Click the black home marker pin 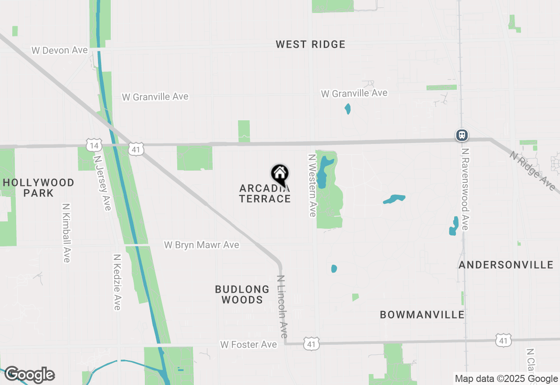point(280,174)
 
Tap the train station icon point(462,135)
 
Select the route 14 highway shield point(94,145)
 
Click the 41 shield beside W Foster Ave point(311,343)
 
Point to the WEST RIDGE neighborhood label point(311,44)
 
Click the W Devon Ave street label point(59,50)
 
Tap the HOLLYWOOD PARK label point(38,188)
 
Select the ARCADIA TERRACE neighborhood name point(265,194)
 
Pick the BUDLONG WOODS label point(242,294)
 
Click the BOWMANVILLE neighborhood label point(422,315)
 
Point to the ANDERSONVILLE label point(506,265)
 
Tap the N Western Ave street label point(312,185)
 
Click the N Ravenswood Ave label point(465,189)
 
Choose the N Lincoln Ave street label point(283,306)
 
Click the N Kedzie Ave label point(117,282)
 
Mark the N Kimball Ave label point(66,233)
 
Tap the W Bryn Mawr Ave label point(202,245)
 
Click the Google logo point(29,374)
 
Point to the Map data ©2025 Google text point(506,379)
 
